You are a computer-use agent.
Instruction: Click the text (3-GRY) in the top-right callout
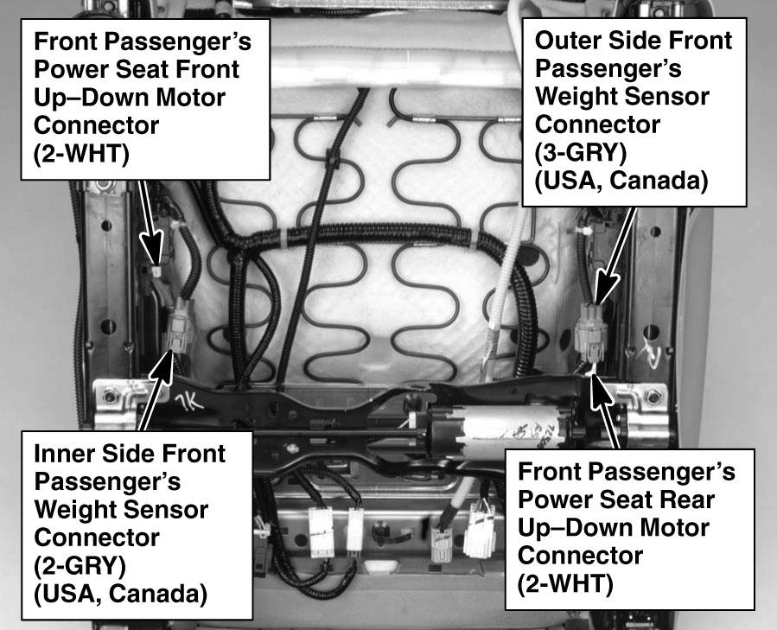581,153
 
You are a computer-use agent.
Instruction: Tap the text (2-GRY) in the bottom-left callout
80,565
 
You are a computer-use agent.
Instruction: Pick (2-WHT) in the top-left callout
81,154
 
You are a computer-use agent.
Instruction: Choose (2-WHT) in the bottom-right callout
565,583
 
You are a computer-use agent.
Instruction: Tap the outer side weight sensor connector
592,332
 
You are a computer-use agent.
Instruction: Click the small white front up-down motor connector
156,271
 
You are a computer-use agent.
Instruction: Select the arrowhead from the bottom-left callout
162,368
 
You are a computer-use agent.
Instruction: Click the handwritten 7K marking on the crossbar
190,403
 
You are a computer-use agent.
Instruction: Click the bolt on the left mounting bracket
110,396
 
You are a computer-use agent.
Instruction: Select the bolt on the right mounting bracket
653,396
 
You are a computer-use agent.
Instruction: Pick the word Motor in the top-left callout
191,97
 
